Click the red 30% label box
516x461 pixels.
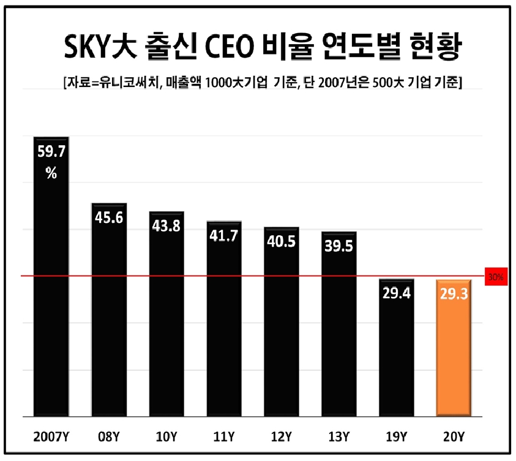point(495,277)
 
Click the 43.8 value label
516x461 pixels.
point(166,226)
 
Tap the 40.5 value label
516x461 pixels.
point(281,241)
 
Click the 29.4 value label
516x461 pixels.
point(396,293)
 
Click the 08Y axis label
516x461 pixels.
point(109,437)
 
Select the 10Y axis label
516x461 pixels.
point(166,437)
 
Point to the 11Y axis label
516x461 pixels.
point(223,437)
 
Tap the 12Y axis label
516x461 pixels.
point(281,437)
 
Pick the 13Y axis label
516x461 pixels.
point(338,437)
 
